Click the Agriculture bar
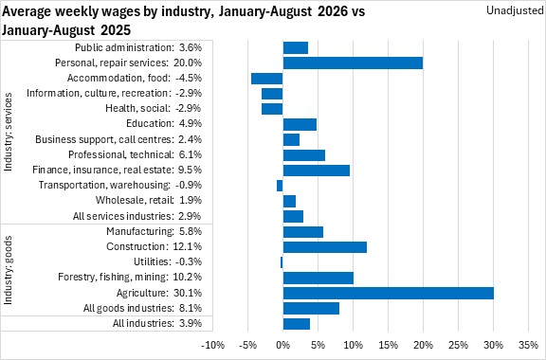pyautogui.click(x=389, y=293)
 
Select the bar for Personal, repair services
pyautogui.click(x=353, y=63)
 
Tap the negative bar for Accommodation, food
pyautogui.click(x=267, y=79)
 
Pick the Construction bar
pyautogui.click(x=325, y=247)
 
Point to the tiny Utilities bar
pyautogui.click(x=282, y=262)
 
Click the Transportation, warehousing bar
pyautogui.click(x=280, y=186)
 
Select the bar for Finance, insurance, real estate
pyautogui.click(x=317, y=171)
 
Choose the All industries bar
pyautogui.click(x=297, y=324)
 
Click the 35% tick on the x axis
pyautogui.click(x=528, y=345)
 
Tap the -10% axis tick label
pyautogui.click(x=213, y=345)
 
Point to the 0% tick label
pyautogui.click(x=282, y=345)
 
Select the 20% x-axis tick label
pyautogui.click(x=423, y=345)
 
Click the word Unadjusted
pyautogui.click(x=515, y=10)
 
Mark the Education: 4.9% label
pyautogui.click(x=164, y=123)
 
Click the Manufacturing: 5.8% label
pyautogui.click(x=154, y=231)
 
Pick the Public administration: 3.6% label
pyautogui.click(x=138, y=47)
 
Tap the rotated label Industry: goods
pyautogui.click(x=8, y=270)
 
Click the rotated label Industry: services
pyautogui.click(x=8, y=132)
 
